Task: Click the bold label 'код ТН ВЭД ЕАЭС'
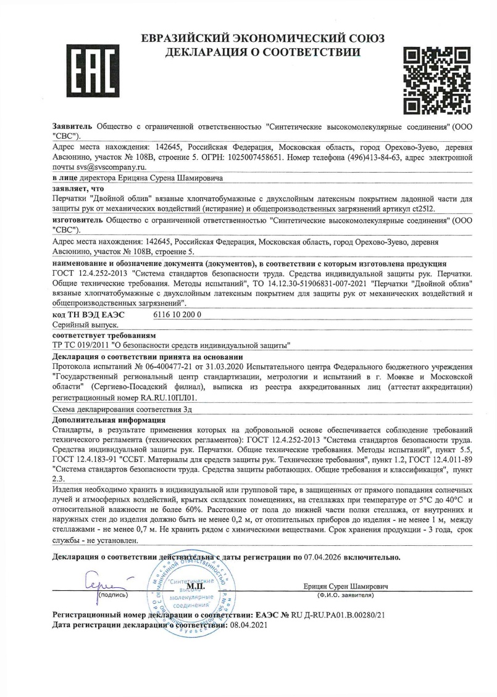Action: pos(88,315)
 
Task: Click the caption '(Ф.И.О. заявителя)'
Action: pos(345,595)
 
